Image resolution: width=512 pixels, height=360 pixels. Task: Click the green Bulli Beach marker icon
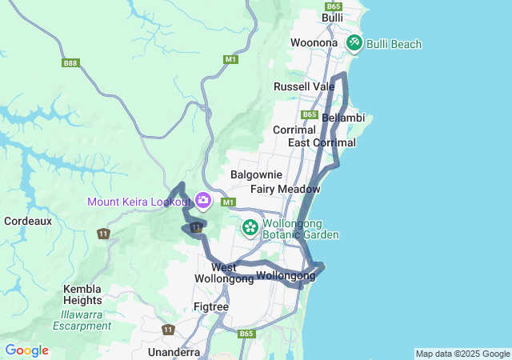(x=354, y=43)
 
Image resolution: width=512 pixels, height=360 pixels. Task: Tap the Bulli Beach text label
(x=394, y=44)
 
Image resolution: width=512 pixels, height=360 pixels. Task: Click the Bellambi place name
(x=343, y=118)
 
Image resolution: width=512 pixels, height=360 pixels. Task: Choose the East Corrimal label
(x=322, y=142)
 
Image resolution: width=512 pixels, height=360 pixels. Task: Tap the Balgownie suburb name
(x=256, y=174)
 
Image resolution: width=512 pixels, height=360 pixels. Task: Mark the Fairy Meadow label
(x=285, y=189)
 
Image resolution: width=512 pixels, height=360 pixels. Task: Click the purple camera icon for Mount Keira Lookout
(x=203, y=200)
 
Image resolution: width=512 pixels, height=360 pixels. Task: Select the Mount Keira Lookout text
(x=140, y=201)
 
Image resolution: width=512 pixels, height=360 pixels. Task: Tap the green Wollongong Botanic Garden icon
(x=250, y=229)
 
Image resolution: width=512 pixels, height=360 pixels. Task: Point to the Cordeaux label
(x=28, y=220)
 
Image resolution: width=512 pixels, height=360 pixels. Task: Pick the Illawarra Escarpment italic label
(x=82, y=320)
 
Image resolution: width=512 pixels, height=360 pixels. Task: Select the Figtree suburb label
(x=211, y=306)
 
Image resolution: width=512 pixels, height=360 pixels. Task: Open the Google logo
(x=26, y=350)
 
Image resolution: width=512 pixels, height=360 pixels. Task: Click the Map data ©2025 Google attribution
(x=462, y=354)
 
